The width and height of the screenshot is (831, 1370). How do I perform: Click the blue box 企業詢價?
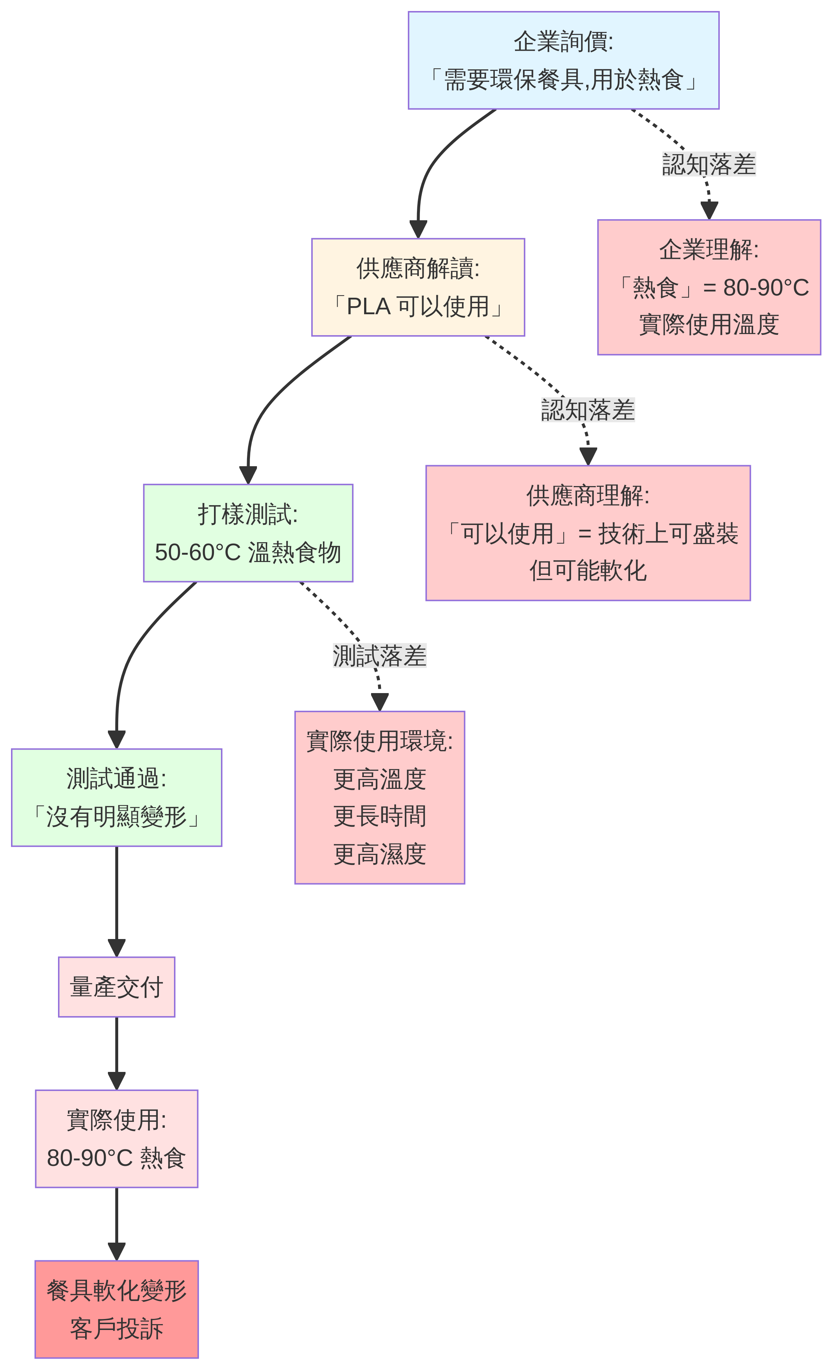pyautogui.click(x=563, y=60)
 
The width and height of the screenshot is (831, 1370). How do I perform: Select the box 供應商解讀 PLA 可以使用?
pyautogui.click(x=417, y=287)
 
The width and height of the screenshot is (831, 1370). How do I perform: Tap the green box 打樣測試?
pyautogui.click(x=248, y=533)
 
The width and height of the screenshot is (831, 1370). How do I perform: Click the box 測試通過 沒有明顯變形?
pyautogui.click(x=116, y=797)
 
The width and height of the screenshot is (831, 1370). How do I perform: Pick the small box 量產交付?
pyautogui.click(x=116, y=987)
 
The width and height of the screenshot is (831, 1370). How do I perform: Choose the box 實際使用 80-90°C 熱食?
pyautogui.click(x=116, y=1139)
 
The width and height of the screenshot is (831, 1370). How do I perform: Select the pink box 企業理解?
pyautogui.click(x=709, y=287)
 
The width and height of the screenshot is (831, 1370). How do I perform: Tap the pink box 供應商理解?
pyautogui.click(x=588, y=533)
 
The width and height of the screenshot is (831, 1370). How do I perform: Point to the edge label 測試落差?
pyautogui.click(x=379, y=656)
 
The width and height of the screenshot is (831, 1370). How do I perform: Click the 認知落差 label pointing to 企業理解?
pyautogui.click(x=709, y=164)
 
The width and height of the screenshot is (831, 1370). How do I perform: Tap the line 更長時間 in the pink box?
pyautogui.click(x=379, y=816)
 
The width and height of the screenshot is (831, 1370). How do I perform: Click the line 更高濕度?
pyautogui.click(x=379, y=854)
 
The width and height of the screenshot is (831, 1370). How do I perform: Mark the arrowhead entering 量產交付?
pyautogui.click(x=116, y=947)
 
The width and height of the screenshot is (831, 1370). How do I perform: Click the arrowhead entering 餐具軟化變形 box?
pyautogui.click(x=116, y=1251)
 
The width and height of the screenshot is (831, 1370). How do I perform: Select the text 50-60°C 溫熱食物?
pyautogui.click(x=248, y=552)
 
